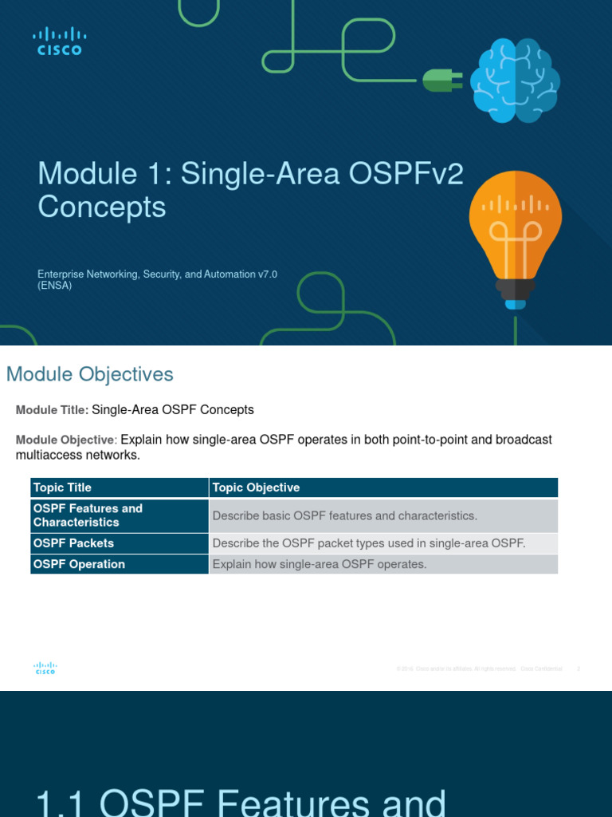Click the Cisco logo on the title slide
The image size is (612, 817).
click(59, 41)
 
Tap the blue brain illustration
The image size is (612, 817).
click(514, 81)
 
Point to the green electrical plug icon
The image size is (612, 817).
click(438, 80)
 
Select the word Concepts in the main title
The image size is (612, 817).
click(102, 207)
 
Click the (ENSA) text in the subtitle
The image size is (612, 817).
click(55, 286)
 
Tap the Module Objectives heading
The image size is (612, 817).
click(89, 374)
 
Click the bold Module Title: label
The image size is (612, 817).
click(52, 410)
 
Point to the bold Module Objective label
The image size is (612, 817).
click(66, 440)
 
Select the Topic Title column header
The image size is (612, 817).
click(62, 487)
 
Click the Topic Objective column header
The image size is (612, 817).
click(256, 487)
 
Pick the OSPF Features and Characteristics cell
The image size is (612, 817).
click(88, 515)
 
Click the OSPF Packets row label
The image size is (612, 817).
click(73, 543)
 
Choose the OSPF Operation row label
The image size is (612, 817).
click(79, 564)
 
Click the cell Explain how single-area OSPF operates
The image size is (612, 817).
click(320, 564)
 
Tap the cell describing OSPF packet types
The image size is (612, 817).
click(369, 543)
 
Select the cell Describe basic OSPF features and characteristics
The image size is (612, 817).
click(345, 516)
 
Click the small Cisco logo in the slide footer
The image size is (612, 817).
click(45, 669)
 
